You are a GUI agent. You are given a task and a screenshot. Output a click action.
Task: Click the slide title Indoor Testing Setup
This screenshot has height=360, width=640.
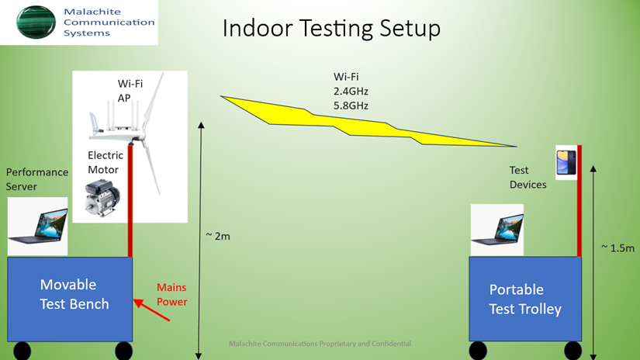pos(331,29)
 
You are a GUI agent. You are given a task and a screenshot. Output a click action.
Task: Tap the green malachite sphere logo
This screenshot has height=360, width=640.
pos(36,22)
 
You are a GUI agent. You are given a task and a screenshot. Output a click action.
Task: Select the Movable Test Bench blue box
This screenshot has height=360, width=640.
pos(70,299)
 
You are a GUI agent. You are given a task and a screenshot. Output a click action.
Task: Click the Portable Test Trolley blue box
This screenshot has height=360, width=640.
pos(525,299)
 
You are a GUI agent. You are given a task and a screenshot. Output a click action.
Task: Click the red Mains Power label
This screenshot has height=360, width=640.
pos(172,294)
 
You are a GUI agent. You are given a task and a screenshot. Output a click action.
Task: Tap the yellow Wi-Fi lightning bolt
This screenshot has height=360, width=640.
pos(368,121)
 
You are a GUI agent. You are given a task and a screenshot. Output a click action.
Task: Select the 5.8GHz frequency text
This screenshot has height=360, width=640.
pos(351,106)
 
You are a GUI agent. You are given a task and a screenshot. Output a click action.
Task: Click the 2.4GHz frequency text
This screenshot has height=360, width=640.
pos(351,91)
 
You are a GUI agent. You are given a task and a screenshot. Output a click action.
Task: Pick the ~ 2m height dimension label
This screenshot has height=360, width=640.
pos(218,237)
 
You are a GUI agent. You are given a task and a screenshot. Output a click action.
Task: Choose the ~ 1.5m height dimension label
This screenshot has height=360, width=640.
pos(618,248)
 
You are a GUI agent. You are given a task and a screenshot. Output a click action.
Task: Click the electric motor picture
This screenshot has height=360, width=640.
pos(102,198)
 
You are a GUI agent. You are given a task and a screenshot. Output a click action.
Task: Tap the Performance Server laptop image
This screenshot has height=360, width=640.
pos(37,227)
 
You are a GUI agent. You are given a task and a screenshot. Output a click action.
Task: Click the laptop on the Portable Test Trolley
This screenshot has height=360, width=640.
pos(497,230)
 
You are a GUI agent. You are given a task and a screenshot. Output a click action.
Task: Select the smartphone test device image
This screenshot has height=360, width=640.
pos(566,162)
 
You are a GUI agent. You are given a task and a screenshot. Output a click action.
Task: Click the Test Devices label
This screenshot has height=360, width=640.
pos(528,177)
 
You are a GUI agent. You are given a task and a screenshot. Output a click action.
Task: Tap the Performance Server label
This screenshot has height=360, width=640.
pos(37,179)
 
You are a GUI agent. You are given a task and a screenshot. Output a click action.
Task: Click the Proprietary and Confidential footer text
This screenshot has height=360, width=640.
pos(320,344)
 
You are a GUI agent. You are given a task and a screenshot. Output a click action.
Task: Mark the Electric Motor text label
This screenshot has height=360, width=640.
pos(106,162)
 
